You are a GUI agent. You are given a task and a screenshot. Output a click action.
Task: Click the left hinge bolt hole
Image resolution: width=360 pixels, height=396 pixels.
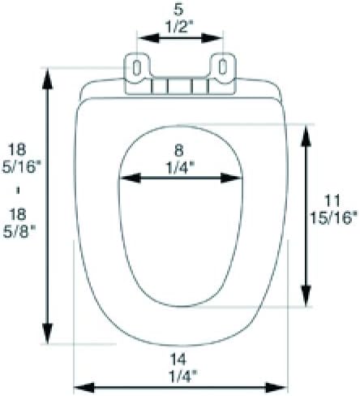[138, 66]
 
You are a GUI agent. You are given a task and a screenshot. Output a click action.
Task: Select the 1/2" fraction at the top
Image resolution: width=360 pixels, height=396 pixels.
[180, 25]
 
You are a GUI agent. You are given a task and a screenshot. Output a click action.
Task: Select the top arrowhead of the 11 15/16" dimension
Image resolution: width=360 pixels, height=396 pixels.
[306, 133]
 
